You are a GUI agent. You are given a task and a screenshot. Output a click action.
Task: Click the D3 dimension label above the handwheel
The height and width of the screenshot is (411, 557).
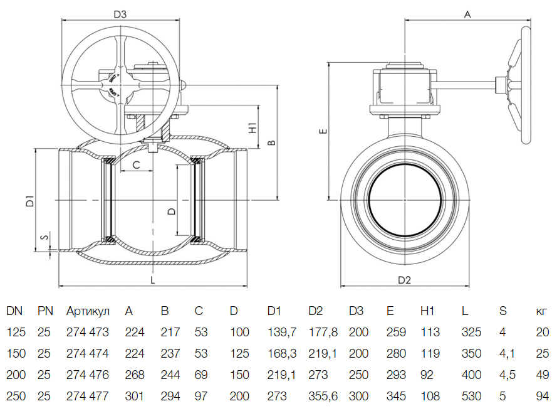pyautogui.click(x=120, y=13)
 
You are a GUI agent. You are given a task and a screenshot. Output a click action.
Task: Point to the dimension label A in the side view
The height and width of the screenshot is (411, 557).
pyautogui.click(x=467, y=13)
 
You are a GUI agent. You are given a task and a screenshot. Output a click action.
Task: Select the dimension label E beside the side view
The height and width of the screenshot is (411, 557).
pyautogui.click(x=322, y=132)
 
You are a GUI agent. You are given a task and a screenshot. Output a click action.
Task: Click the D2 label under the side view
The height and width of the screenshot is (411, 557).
pyautogui.click(x=404, y=279)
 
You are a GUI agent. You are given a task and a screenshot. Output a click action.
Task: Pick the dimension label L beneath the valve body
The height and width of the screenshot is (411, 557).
pyautogui.click(x=152, y=280)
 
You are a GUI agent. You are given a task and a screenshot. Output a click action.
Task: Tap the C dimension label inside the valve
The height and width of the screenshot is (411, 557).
pyautogui.click(x=136, y=166)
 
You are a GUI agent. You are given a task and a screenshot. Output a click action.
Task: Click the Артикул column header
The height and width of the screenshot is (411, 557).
pyautogui.click(x=88, y=311)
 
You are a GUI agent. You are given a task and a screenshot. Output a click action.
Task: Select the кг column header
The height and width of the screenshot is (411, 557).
pyautogui.click(x=542, y=311)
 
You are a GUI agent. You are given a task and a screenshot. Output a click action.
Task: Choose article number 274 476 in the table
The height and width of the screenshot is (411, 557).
pyautogui.click(x=88, y=375)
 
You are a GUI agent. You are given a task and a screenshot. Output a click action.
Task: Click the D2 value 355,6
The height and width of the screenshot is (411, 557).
pyautogui.click(x=323, y=397)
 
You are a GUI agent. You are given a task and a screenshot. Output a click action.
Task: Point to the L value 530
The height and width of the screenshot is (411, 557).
pyautogui.click(x=471, y=397)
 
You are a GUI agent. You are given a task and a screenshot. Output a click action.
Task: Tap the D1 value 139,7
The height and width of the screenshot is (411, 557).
pyautogui.click(x=281, y=333)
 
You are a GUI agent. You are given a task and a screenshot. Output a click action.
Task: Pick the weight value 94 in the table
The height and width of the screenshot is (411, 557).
pyautogui.click(x=543, y=397)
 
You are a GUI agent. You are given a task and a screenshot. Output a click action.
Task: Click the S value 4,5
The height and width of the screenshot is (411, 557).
pyautogui.click(x=508, y=375)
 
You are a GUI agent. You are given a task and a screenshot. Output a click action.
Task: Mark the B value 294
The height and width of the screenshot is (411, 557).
pyautogui.click(x=170, y=397)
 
